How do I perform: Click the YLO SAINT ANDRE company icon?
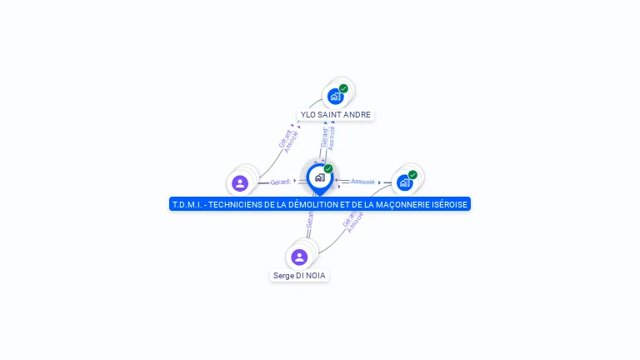[335, 96]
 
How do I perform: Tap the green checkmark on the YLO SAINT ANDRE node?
[343, 88]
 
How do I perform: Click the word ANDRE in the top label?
[357, 115]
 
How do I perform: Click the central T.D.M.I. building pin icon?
[319, 177]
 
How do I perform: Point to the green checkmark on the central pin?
[328, 169]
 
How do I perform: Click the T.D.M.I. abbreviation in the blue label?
[187, 204]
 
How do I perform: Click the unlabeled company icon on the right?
[405, 182]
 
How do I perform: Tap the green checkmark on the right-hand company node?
[412, 175]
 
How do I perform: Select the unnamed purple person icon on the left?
[240, 183]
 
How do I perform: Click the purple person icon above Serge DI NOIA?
[299, 257]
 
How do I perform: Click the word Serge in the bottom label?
[283, 276]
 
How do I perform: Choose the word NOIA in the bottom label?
[315, 276]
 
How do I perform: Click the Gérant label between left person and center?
[280, 182]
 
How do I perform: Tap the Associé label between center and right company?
[362, 181]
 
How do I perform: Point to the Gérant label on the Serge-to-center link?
[309, 218]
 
